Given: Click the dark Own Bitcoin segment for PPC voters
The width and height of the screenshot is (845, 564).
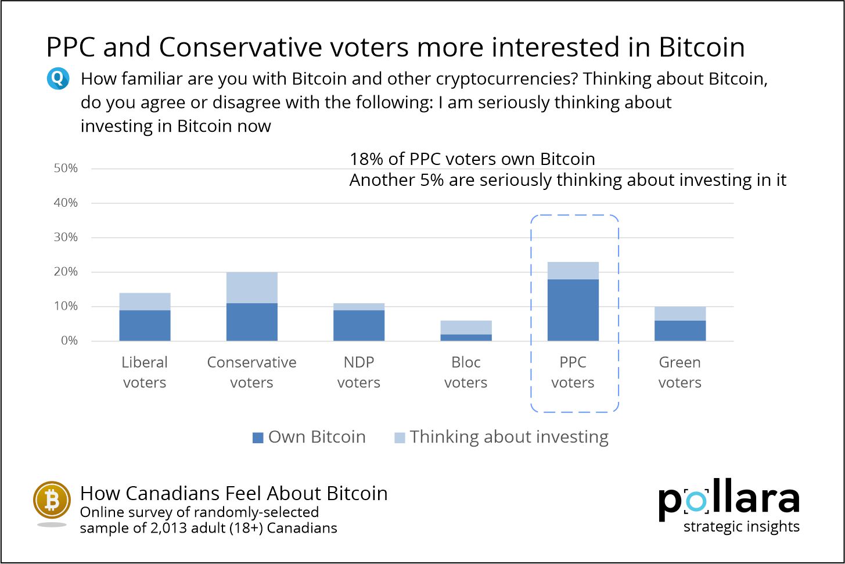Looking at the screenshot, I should point(573,310).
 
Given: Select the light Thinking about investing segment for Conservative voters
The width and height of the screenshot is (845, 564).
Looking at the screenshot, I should point(251,288).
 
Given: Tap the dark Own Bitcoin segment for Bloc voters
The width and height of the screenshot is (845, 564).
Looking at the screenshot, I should point(466,337).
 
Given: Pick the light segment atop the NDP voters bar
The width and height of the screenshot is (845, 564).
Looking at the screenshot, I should point(358,307).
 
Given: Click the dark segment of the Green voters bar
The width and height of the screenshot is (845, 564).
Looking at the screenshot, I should point(679,331).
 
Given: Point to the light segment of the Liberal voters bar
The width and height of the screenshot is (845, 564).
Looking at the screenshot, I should point(145,301).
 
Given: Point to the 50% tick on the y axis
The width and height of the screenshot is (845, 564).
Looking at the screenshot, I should point(66,168).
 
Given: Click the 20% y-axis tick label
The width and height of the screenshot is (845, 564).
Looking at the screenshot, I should point(66,272).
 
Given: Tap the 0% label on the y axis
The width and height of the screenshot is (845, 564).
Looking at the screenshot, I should point(69,341).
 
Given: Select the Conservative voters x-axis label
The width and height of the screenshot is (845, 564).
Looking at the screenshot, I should point(251,372).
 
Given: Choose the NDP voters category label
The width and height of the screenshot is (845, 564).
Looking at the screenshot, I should point(358,372).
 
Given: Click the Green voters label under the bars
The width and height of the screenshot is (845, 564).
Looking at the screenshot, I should point(679,372).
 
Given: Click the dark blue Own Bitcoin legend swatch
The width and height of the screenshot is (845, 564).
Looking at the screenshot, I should point(258,438).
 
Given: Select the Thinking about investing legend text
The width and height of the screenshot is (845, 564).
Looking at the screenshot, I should point(509,437).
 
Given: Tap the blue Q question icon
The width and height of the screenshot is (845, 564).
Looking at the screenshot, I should point(58,78).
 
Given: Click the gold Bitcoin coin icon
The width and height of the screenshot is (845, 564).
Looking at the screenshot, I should point(52,500).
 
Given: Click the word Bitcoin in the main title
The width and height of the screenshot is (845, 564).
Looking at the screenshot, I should point(702,47).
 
